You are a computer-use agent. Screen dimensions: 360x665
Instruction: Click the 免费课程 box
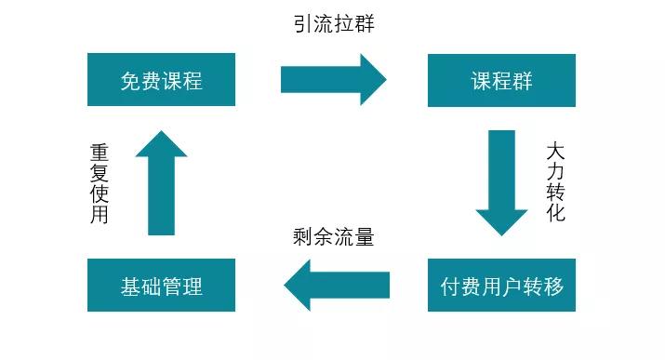click(161, 80)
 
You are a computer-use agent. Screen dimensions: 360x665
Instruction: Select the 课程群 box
click(501, 80)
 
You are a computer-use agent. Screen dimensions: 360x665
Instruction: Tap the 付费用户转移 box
click(501, 285)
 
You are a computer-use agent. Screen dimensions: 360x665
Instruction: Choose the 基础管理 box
click(161, 285)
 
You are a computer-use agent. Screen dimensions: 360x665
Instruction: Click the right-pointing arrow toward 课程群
click(333, 80)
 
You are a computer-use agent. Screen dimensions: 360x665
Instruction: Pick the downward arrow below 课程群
click(501, 182)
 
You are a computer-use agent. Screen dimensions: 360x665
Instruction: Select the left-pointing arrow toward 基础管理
click(336, 285)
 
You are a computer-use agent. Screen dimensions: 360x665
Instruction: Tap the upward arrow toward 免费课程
click(161, 182)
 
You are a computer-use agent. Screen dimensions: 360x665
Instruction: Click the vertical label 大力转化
click(555, 181)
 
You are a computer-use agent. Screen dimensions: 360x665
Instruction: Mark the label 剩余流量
click(333, 237)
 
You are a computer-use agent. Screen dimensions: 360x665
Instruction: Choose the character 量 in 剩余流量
click(364, 237)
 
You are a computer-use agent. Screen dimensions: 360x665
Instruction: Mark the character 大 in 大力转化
click(555, 151)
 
